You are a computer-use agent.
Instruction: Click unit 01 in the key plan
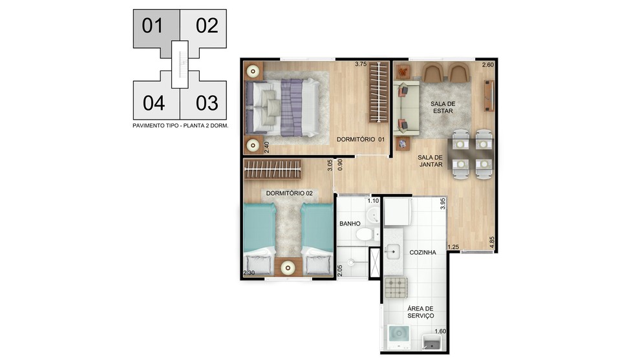[153, 28]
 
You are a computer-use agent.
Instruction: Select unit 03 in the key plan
[206, 101]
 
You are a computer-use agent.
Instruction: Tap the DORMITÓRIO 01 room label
[361, 139]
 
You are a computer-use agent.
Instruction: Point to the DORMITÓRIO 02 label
[289, 193]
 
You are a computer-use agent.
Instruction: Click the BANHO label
[350, 224]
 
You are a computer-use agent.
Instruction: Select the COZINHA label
[422, 253]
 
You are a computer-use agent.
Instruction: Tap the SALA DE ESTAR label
[443, 107]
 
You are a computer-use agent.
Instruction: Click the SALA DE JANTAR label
[430, 161]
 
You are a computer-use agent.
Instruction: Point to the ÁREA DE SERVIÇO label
[420, 312]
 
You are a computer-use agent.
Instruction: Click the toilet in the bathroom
[365, 234]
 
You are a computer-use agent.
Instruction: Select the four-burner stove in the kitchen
[396, 288]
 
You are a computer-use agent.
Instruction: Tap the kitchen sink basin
[392, 252]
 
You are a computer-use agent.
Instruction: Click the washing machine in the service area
[398, 337]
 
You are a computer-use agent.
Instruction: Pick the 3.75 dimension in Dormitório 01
[361, 64]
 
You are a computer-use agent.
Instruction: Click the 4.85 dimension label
[492, 242]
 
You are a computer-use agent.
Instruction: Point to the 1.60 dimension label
[440, 332]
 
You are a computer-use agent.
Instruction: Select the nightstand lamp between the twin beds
[288, 268]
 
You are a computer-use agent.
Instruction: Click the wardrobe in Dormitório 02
[272, 169]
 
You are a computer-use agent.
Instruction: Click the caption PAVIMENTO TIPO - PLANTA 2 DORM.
[180, 126]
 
